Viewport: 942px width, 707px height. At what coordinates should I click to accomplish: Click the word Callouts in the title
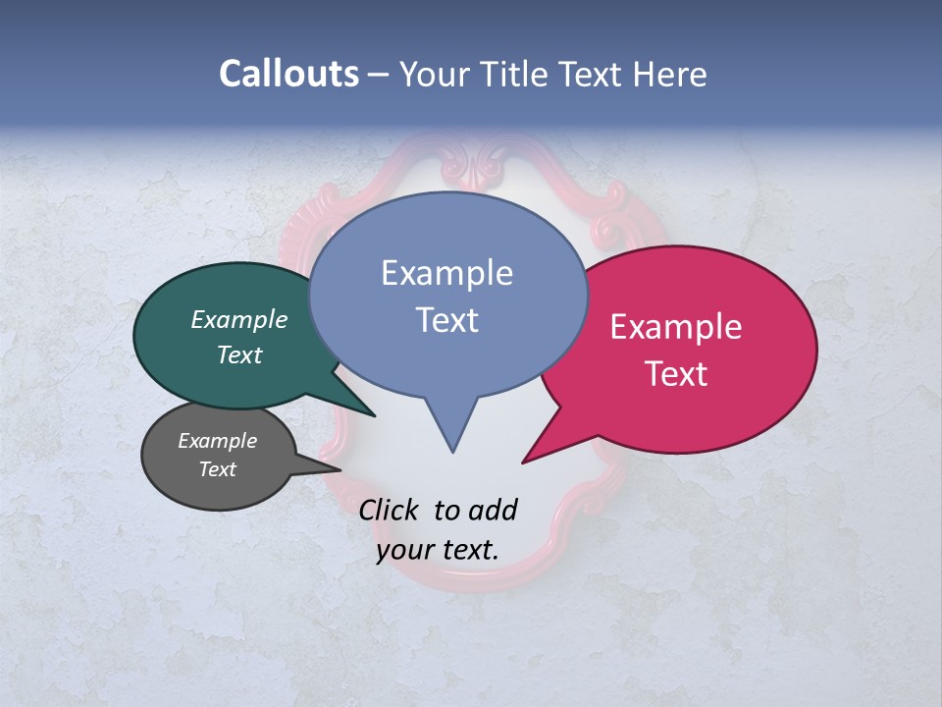288,74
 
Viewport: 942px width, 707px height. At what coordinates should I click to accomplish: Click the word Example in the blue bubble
446,273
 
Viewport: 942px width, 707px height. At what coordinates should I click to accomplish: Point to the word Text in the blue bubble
446,320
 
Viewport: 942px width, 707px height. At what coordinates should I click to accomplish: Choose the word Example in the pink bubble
676,327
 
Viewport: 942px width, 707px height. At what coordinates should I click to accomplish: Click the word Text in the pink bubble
676,374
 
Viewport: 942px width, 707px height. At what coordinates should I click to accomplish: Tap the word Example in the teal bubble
239,320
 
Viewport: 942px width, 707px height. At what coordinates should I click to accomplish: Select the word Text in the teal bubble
239,354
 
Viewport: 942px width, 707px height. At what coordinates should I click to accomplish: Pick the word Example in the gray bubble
217,441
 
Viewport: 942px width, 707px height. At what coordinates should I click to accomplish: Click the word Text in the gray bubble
217,469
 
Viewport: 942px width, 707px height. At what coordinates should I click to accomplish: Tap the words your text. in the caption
438,550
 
